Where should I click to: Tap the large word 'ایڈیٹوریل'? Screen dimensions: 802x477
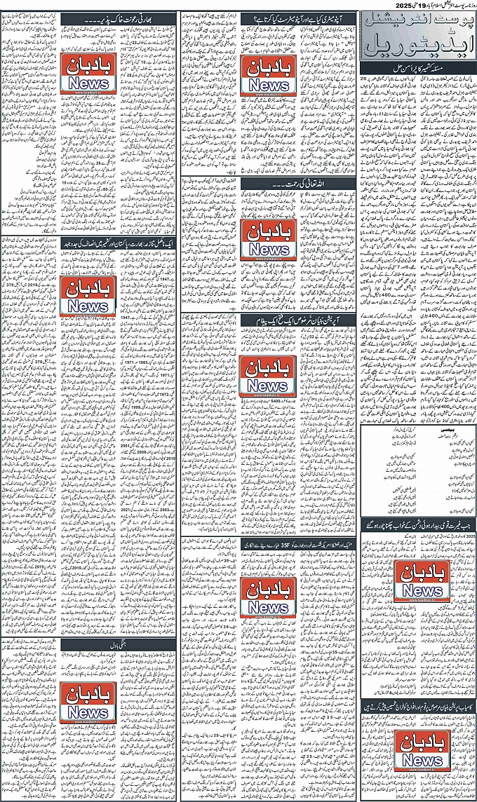point(417,46)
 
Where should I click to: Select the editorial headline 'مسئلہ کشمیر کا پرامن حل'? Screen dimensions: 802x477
point(417,68)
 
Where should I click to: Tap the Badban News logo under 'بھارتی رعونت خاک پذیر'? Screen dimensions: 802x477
point(89,72)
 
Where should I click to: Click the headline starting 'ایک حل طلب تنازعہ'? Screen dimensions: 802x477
point(120,241)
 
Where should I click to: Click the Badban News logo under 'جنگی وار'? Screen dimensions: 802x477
point(88,699)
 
